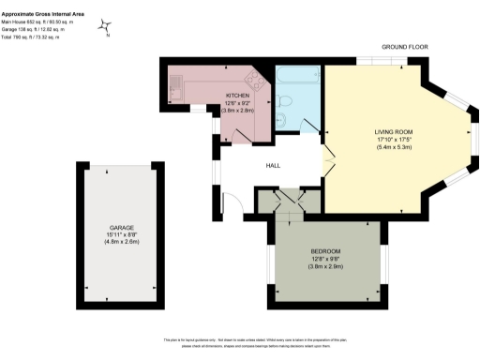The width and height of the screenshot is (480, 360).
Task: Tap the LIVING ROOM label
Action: point(394,131)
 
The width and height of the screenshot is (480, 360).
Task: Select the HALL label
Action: point(274,166)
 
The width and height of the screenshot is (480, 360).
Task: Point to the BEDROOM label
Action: point(325,251)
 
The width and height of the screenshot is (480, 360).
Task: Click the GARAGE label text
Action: point(121,228)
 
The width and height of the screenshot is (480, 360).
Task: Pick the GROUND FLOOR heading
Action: point(405,46)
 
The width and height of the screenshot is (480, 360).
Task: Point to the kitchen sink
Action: point(176,90)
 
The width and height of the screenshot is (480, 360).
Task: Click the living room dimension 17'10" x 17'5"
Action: point(394,140)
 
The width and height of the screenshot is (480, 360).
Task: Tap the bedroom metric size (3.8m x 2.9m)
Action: point(325,268)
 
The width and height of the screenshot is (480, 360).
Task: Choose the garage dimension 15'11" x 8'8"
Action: point(121,235)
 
